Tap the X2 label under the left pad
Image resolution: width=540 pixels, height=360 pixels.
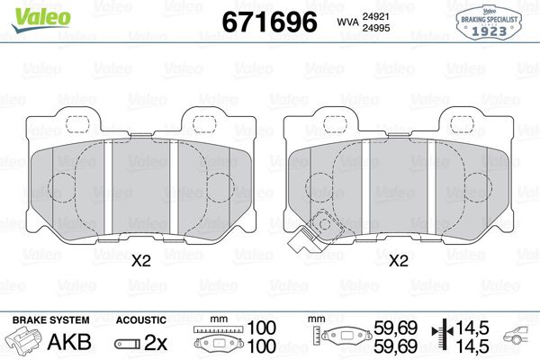[141, 262]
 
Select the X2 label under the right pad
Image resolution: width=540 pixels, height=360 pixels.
[398, 262]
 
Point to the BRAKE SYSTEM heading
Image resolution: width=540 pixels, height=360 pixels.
[49, 319]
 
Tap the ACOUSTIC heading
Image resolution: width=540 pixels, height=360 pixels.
[141, 319]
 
